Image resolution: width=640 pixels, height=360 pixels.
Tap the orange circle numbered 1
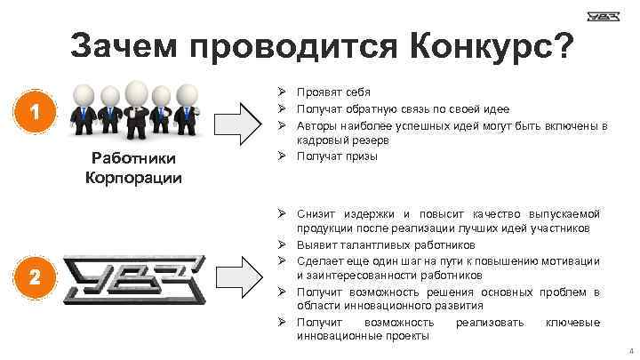point(33,113)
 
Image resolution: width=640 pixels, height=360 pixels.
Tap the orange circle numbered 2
point(33,277)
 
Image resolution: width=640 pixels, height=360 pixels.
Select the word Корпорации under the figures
point(133,177)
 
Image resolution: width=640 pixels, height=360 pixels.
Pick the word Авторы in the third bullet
point(318,125)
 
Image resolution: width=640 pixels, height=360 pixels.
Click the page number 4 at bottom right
point(629,351)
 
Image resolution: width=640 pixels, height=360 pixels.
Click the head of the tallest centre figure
point(136,90)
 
